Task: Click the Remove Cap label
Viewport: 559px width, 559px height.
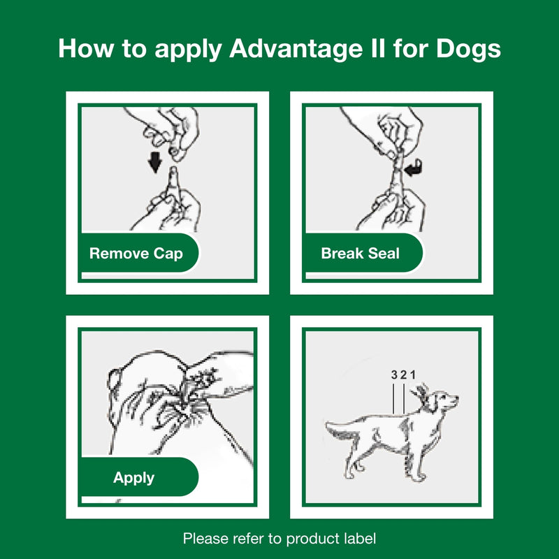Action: click(x=136, y=253)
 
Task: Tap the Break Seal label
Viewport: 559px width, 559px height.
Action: click(x=360, y=253)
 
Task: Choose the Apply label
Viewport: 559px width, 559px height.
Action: click(x=133, y=479)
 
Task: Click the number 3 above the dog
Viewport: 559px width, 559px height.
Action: click(x=394, y=375)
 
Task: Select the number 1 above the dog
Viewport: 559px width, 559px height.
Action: click(x=413, y=375)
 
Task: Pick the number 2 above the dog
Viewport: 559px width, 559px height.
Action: click(x=404, y=375)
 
